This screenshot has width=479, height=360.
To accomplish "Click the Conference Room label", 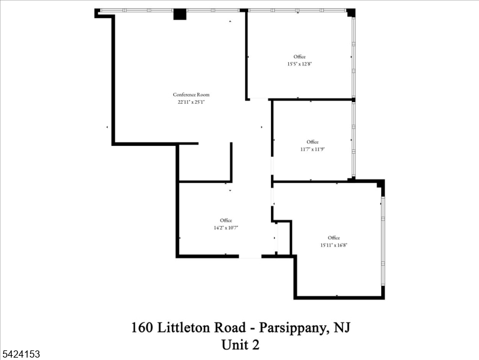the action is point(191,95).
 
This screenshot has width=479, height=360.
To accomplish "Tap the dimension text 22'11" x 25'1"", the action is point(191,102).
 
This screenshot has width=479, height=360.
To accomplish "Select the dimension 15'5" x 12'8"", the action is point(299,64).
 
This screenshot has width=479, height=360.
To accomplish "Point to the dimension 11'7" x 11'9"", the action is point(312,149).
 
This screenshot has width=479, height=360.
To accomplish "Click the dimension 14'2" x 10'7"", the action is point(226,227).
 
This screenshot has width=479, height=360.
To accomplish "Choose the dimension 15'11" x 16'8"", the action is point(334,245).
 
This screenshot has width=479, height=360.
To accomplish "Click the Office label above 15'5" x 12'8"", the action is point(299,56).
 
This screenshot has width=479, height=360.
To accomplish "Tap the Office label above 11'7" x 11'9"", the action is point(312,142).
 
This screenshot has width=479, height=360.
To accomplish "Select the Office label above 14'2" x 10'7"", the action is point(226,220).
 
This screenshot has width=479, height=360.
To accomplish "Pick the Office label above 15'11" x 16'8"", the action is point(334,238).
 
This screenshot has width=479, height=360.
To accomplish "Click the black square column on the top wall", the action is point(180,14).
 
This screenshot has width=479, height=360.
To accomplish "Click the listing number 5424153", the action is point(21,354).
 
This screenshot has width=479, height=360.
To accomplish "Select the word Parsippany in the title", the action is point(294,328).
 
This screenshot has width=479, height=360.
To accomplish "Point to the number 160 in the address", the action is point(142,328).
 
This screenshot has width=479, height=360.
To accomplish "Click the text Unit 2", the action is point(240,345).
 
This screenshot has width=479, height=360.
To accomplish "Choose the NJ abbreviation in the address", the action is point(342,327).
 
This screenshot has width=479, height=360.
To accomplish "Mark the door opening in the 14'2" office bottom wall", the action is point(250,256).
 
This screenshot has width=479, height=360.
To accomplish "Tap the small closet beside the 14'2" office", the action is point(283,238).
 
